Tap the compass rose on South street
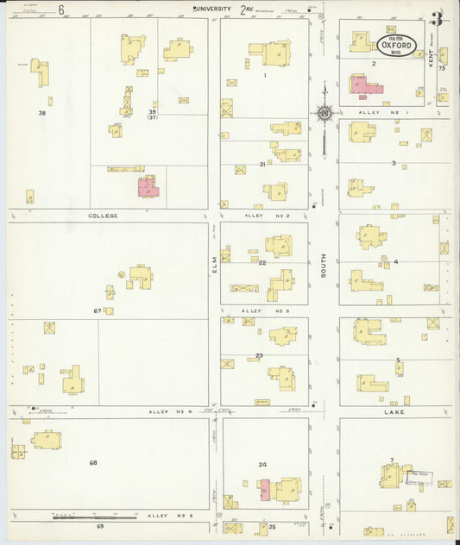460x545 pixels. point(325,112)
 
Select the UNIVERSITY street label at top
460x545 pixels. point(212,9)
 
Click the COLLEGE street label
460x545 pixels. point(104,216)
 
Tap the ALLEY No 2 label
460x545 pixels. point(263,216)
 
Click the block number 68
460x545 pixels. point(93,463)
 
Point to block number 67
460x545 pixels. point(98,310)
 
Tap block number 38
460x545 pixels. point(41,113)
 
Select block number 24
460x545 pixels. point(262,465)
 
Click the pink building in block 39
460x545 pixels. point(148,186)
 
